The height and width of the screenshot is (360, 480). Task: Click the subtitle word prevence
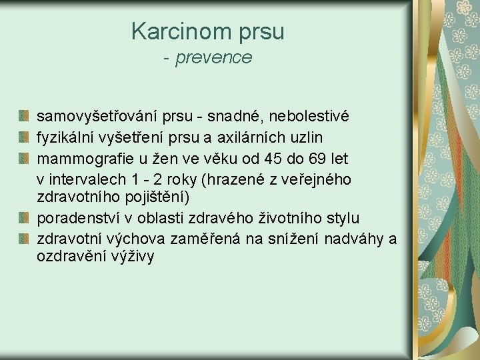click(214, 58)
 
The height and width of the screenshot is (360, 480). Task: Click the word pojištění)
click(159, 198)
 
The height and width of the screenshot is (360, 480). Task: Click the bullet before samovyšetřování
click(24, 117)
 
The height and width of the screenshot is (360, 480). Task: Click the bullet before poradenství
click(24, 219)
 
